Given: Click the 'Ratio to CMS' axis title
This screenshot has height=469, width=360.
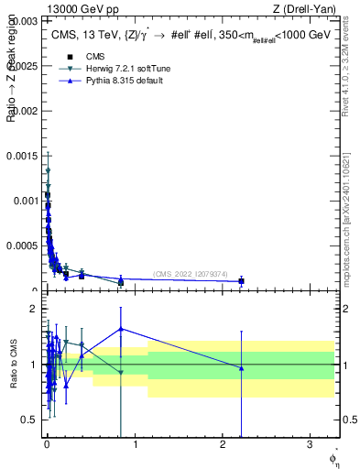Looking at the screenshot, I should click(13, 364).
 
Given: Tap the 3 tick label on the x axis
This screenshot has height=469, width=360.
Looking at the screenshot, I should click(310, 448).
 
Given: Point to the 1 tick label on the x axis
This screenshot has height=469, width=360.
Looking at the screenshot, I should click(135, 448).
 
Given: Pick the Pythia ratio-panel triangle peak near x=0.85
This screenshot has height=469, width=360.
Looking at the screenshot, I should click(121, 329).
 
